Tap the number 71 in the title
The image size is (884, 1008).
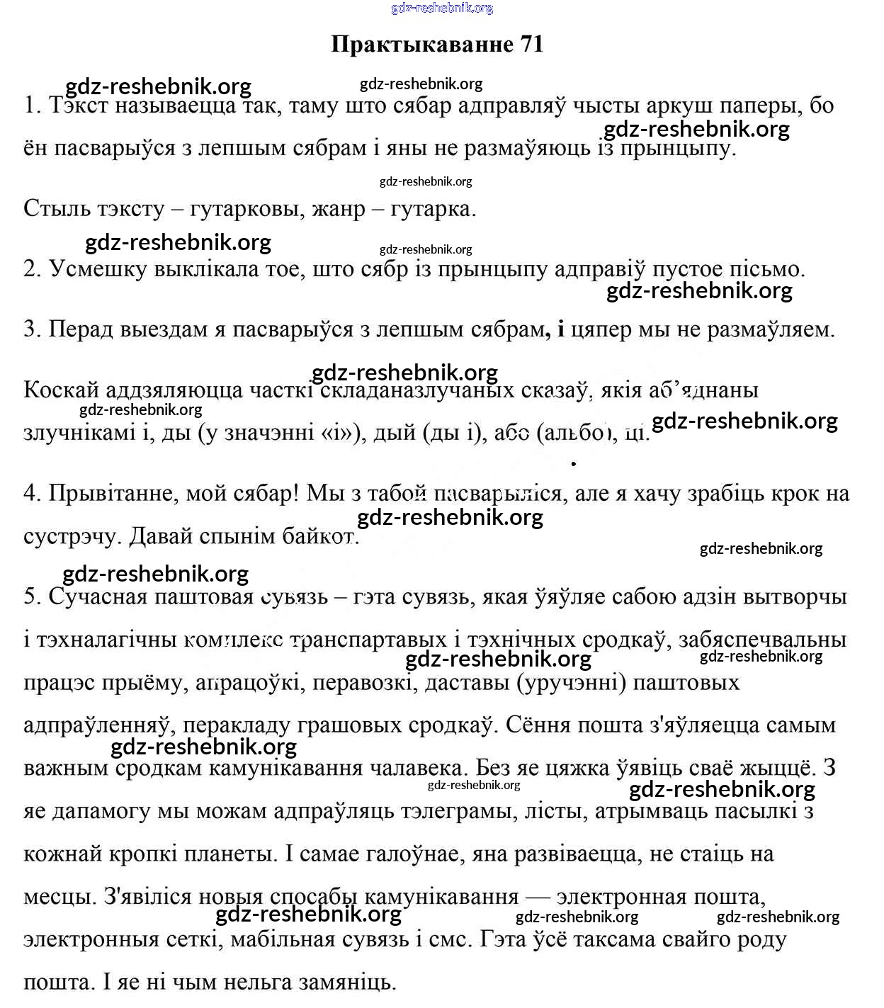(x=532, y=44)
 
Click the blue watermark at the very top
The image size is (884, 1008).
(x=441, y=8)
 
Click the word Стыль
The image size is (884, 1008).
(x=53, y=209)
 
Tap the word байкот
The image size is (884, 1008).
(x=319, y=536)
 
